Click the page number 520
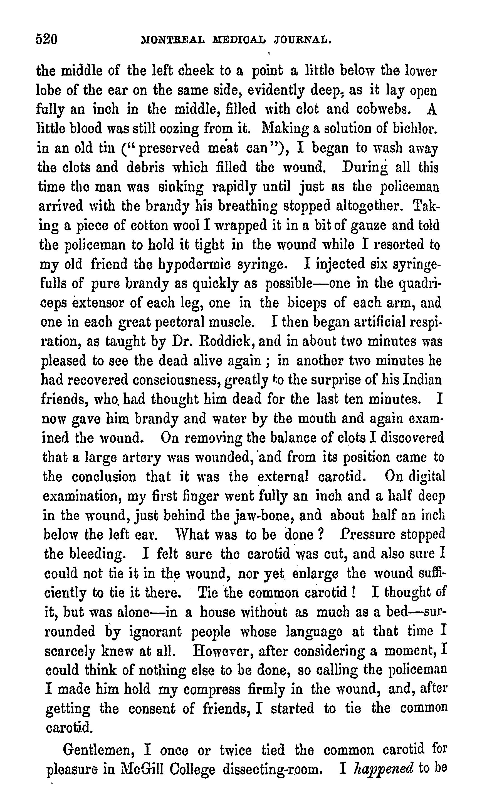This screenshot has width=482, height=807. point(47,39)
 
